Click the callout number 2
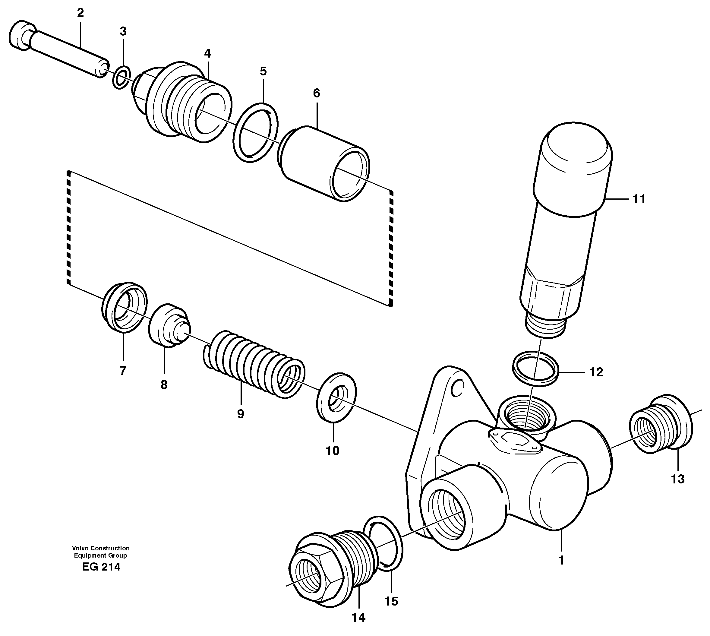80,13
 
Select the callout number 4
207,53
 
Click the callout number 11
639,199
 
